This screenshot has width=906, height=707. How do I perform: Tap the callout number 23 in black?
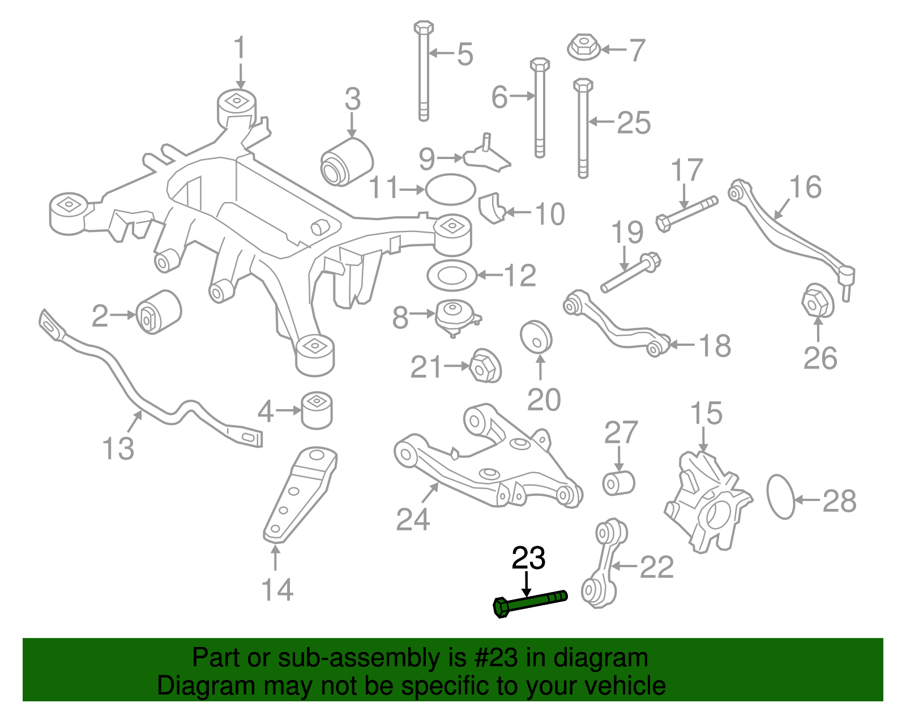pyautogui.click(x=528, y=558)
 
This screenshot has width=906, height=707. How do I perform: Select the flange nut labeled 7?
pyautogui.click(x=584, y=47)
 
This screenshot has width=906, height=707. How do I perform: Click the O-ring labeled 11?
pyautogui.click(x=450, y=189)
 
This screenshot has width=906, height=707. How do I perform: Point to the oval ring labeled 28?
pyautogui.click(x=780, y=496)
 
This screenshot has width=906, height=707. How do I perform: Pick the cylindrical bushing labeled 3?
pyautogui.click(x=347, y=161)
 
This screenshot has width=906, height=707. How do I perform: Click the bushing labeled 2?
pyautogui.click(x=159, y=312)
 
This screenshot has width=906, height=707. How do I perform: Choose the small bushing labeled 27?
pyautogui.click(x=618, y=482)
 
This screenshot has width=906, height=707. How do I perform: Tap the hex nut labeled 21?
pyautogui.click(x=486, y=366)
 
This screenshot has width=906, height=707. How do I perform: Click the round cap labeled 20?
pyautogui.click(x=536, y=337)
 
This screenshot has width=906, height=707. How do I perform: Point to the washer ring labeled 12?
pyautogui.click(x=451, y=276)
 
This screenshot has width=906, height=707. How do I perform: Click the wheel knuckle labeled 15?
pyautogui.click(x=708, y=501)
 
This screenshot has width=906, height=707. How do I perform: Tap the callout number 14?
pyautogui.click(x=277, y=590)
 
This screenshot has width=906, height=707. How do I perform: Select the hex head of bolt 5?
pyautogui.click(x=424, y=27)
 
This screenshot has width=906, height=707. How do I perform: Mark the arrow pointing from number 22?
pyautogui.click(x=624, y=565)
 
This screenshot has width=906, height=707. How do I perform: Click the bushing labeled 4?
pyautogui.click(x=317, y=409)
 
